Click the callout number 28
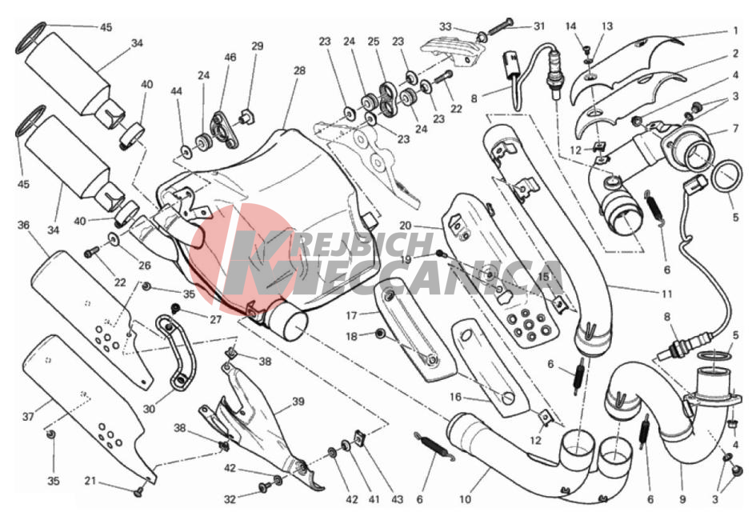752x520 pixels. point(300,70)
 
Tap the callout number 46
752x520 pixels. point(230,57)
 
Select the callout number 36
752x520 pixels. point(23,225)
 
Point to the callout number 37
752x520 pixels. point(28,416)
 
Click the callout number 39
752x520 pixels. point(298,401)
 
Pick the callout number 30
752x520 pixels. point(149,409)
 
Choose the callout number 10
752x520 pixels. point(466,499)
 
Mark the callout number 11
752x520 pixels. point(666,294)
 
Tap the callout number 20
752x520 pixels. point(406,226)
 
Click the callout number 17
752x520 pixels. point(351,316)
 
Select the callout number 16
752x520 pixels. point(455,397)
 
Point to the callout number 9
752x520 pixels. point(682,499)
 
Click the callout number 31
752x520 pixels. point(539,26)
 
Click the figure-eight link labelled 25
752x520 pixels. point(386,99)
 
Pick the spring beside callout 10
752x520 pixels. point(434,446)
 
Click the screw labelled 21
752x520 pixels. point(139,490)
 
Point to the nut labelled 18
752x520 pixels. point(379,333)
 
